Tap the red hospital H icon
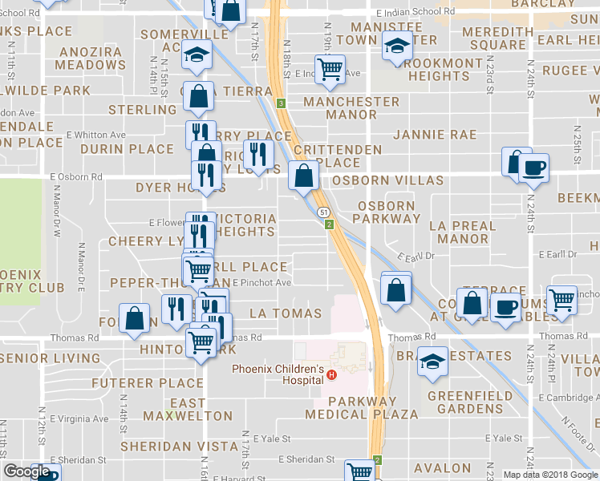[330, 374]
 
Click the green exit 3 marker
[282, 103]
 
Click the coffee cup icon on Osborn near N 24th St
[533, 168]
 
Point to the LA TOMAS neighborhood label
[286, 313]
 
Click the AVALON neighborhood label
[443, 467]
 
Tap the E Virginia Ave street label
[79, 418]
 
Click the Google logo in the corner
[26, 471]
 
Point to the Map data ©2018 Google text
[549, 475]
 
